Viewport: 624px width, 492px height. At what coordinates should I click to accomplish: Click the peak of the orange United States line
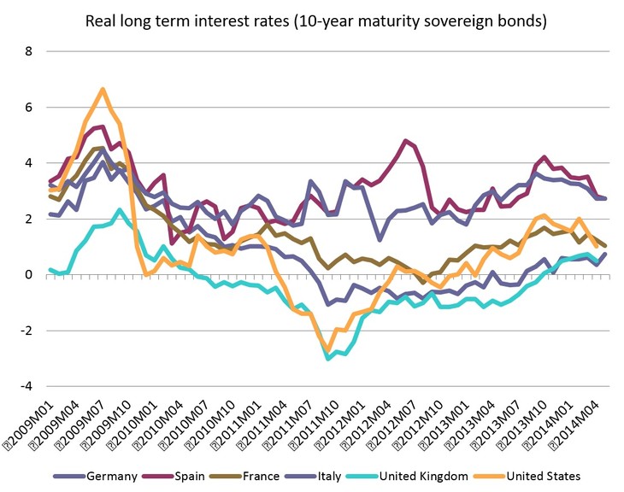[103, 90]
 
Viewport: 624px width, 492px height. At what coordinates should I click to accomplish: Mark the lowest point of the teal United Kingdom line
[328, 358]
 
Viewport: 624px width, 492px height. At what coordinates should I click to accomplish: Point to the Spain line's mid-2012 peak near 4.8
[405, 142]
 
